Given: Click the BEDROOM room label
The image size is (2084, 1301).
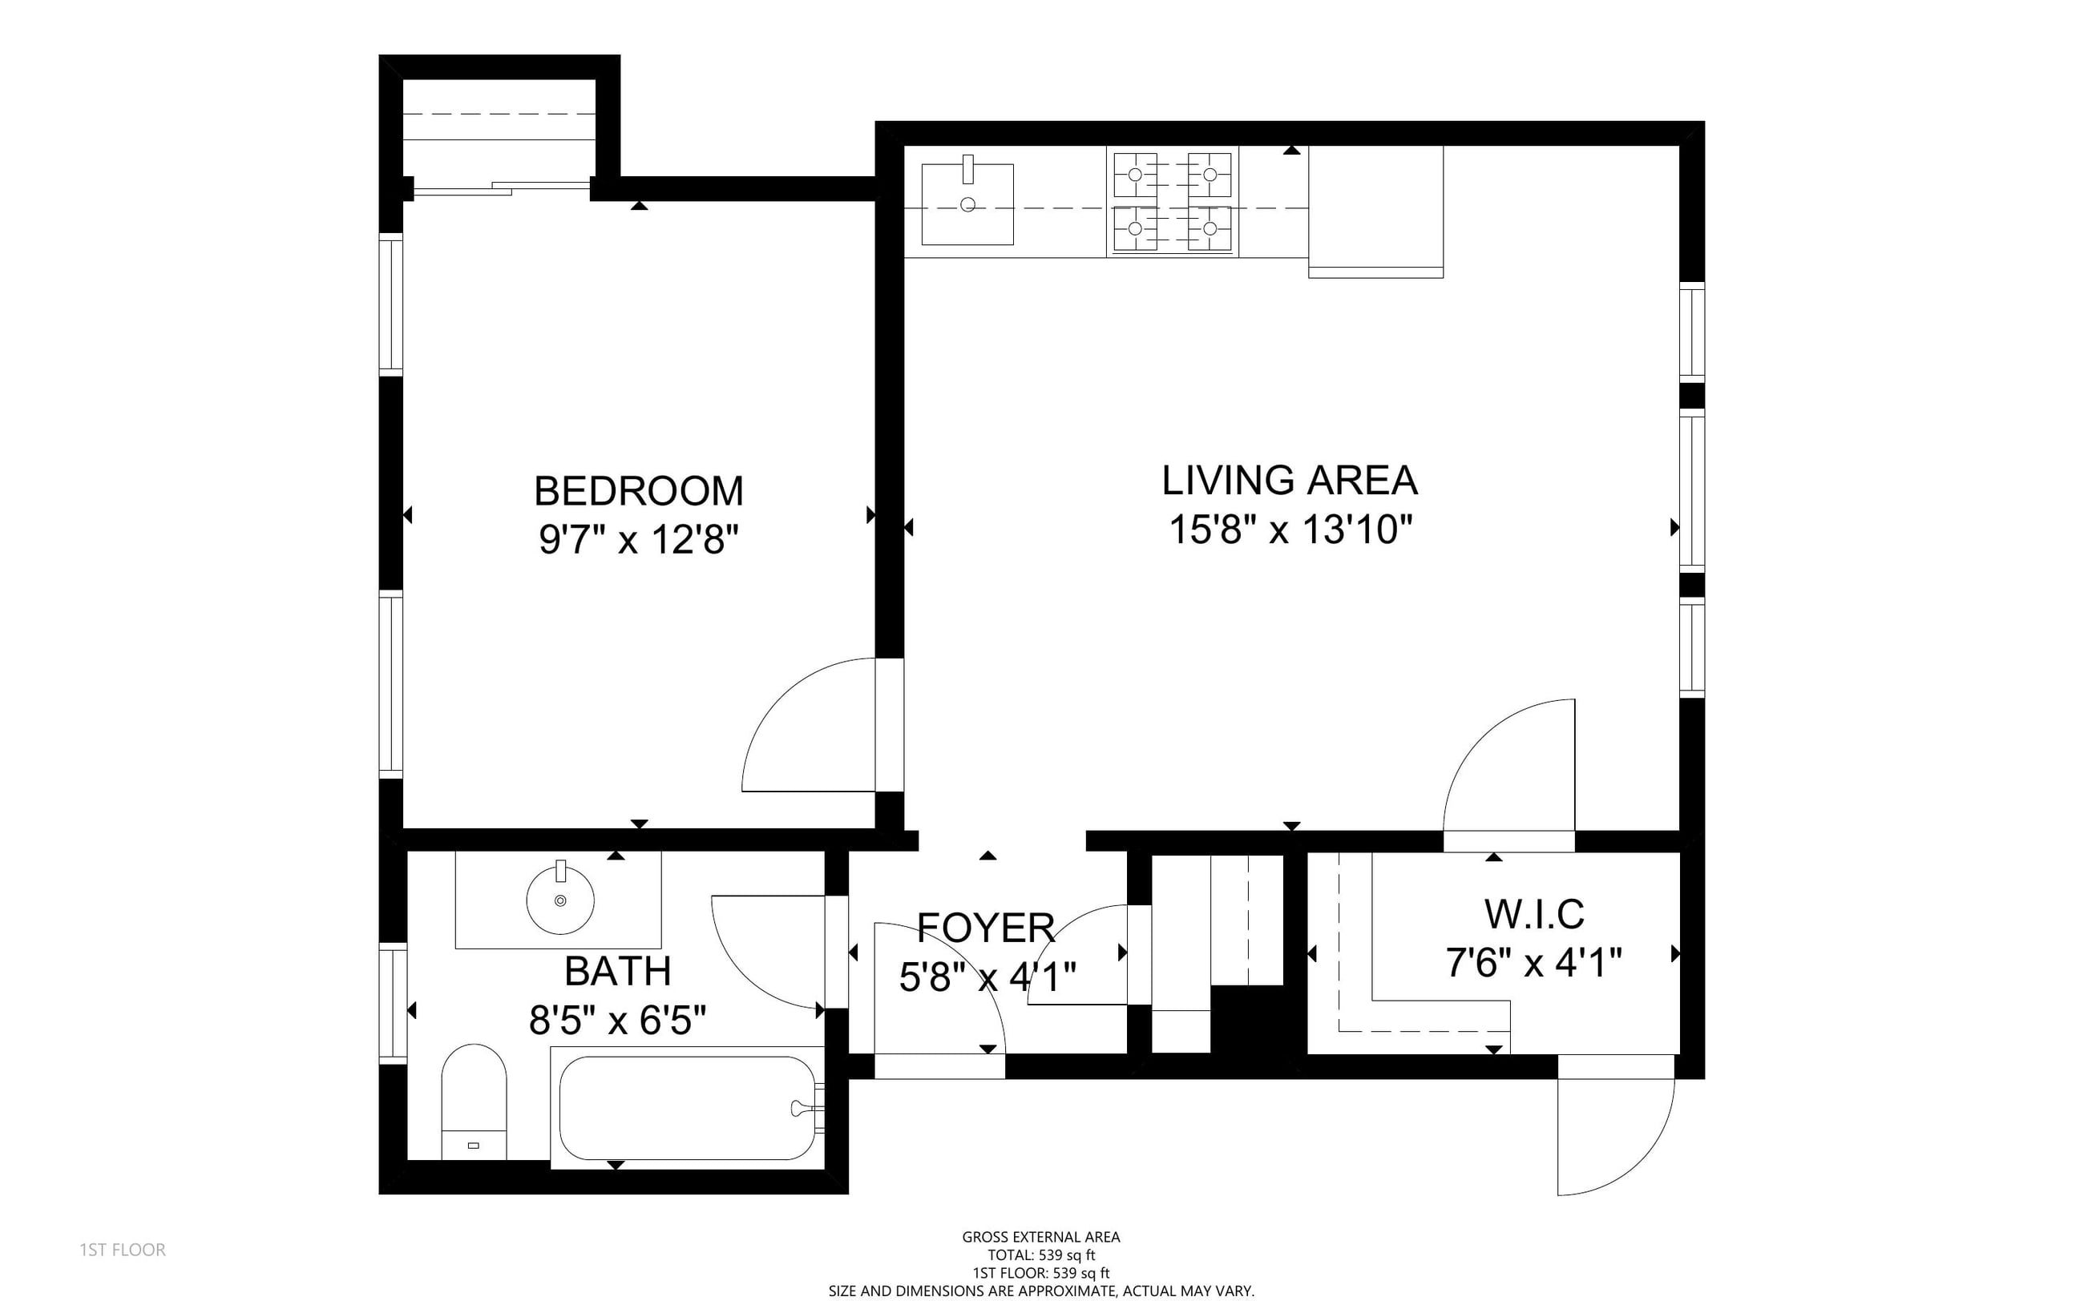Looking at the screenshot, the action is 638,491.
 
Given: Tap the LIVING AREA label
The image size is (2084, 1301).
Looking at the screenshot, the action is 1290,480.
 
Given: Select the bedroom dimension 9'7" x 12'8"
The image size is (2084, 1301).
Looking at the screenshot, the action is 639,541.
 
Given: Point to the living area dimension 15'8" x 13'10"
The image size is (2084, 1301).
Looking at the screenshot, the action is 1290,530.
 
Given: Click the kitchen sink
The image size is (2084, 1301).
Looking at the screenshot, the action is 967,205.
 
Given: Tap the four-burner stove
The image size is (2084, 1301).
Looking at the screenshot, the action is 1173,202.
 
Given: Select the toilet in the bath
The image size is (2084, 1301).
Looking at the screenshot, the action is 474,1102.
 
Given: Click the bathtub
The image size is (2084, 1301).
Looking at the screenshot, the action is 687,1107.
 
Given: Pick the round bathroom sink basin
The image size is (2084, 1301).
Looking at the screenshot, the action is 560,900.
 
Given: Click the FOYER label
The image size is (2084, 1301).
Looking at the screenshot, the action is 986,927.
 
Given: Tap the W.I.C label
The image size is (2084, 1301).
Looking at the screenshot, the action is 1534,914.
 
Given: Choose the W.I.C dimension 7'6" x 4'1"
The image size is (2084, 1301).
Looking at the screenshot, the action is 1534,963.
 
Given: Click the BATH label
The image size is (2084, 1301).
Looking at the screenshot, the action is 617,972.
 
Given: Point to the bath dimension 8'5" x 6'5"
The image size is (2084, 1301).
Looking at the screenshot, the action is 617,1021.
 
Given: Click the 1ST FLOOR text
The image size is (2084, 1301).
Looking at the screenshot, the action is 123,1250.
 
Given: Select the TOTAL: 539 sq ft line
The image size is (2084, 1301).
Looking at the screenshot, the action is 1041,1255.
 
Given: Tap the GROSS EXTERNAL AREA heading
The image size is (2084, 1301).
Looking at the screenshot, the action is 1041,1238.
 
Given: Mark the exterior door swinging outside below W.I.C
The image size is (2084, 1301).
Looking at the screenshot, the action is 1615,1136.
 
